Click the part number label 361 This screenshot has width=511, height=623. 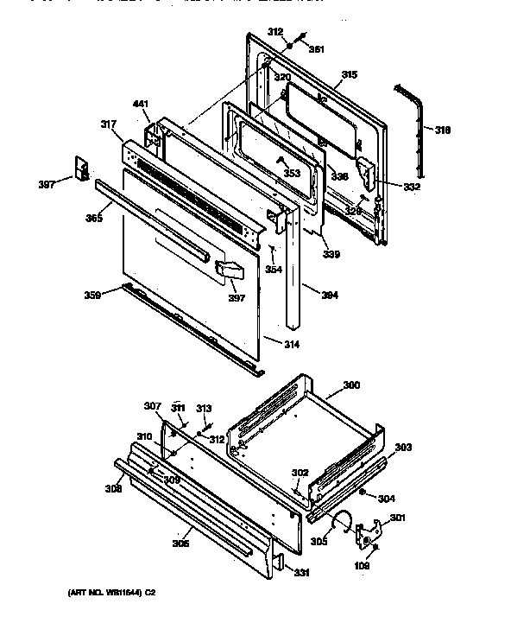[x=317, y=48]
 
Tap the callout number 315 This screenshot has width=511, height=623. [x=348, y=76]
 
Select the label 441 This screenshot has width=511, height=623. [x=141, y=105]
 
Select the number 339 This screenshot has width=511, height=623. [x=331, y=254]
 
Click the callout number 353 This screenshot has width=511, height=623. [x=292, y=174]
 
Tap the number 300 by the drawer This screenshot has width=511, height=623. [x=351, y=385]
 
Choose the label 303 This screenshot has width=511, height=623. [x=403, y=447]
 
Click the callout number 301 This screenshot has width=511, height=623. [x=398, y=518]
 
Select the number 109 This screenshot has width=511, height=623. [x=362, y=565]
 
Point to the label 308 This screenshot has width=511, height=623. [x=113, y=489]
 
